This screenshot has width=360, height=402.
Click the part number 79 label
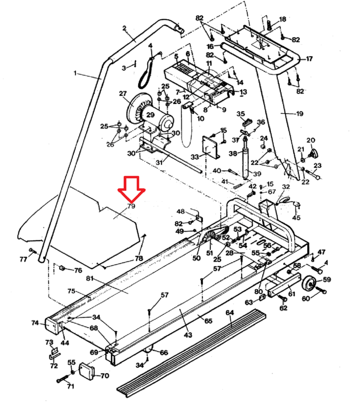[x=132, y=206]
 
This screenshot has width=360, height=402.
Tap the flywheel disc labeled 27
[x=135, y=109]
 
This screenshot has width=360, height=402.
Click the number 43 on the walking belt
[x=188, y=335]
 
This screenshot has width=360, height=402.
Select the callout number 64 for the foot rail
[x=230, y=313]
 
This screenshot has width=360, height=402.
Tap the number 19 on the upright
[x=299, y=114]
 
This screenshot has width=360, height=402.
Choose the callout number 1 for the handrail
[x=75, y=73]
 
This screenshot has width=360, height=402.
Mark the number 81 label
[x=90, y=278]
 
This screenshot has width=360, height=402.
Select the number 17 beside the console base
[x=309, y=59]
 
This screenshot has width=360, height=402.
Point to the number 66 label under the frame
[x=164, y=352]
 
